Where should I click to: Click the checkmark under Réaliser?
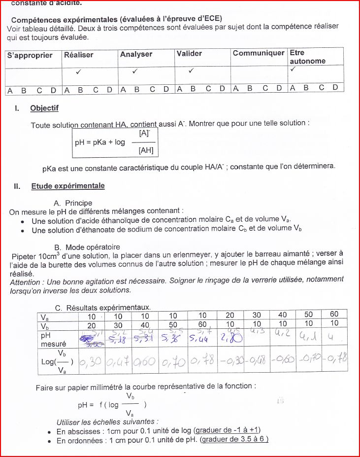79,71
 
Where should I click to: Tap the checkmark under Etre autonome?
293,70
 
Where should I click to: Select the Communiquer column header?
259,53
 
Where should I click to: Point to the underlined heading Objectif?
44,108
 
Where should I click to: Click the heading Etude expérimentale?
68,186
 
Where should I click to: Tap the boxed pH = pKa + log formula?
115,142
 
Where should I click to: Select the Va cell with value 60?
334,315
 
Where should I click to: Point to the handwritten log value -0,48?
256,362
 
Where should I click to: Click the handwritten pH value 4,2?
282,333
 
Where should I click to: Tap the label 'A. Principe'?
73,203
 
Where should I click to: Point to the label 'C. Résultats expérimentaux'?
102,308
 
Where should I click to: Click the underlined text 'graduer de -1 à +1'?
227,430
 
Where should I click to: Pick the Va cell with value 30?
257,315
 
